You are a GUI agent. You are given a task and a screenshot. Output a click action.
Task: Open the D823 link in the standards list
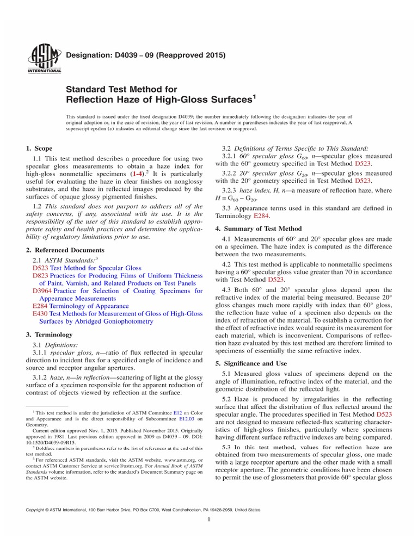coord(40,276)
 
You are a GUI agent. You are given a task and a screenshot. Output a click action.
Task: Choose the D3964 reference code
coord(42,291)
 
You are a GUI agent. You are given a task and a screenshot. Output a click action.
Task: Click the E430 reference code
coord(40,314)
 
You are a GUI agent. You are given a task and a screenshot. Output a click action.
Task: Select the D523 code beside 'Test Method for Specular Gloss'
coord(40,268)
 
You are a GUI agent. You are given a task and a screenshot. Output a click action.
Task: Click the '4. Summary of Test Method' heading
coord(263,228)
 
